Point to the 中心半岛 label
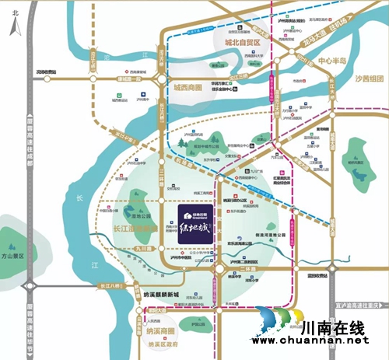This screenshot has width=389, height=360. click(x=335, y=60)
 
